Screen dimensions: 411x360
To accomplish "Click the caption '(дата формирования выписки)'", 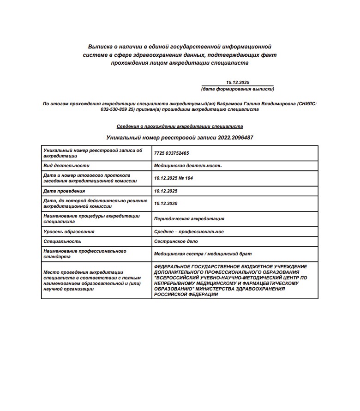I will click(x=237, y=89).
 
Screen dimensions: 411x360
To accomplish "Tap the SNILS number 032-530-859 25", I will click(x=117, y=110).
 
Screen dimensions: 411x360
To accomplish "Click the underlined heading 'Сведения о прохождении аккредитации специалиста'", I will click(x=180, y=126).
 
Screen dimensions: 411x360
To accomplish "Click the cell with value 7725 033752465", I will click(x=172, y=153).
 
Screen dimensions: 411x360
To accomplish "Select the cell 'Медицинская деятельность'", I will click(x=188, y=165).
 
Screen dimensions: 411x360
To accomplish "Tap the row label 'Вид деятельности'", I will click(x=66, y=165).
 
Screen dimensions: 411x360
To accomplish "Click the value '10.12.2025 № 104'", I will click(x=174, y=178).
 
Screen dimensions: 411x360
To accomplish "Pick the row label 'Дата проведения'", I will click(x=64, y=191).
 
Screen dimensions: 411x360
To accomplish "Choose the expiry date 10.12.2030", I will click(x=166, y=203).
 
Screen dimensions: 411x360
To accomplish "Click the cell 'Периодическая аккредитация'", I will click(x=189, y=219).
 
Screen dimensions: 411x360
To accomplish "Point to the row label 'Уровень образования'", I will click(x=69, y=231).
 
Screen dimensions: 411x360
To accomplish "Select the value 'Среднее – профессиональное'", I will click(x=189, y=231).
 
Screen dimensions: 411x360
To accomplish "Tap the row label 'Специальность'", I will click(x=62, y=241).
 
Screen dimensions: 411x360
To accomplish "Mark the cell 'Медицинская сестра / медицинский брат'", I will click(x=203, y=254).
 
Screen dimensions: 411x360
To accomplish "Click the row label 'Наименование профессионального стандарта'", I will click(x=84, y=254).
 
